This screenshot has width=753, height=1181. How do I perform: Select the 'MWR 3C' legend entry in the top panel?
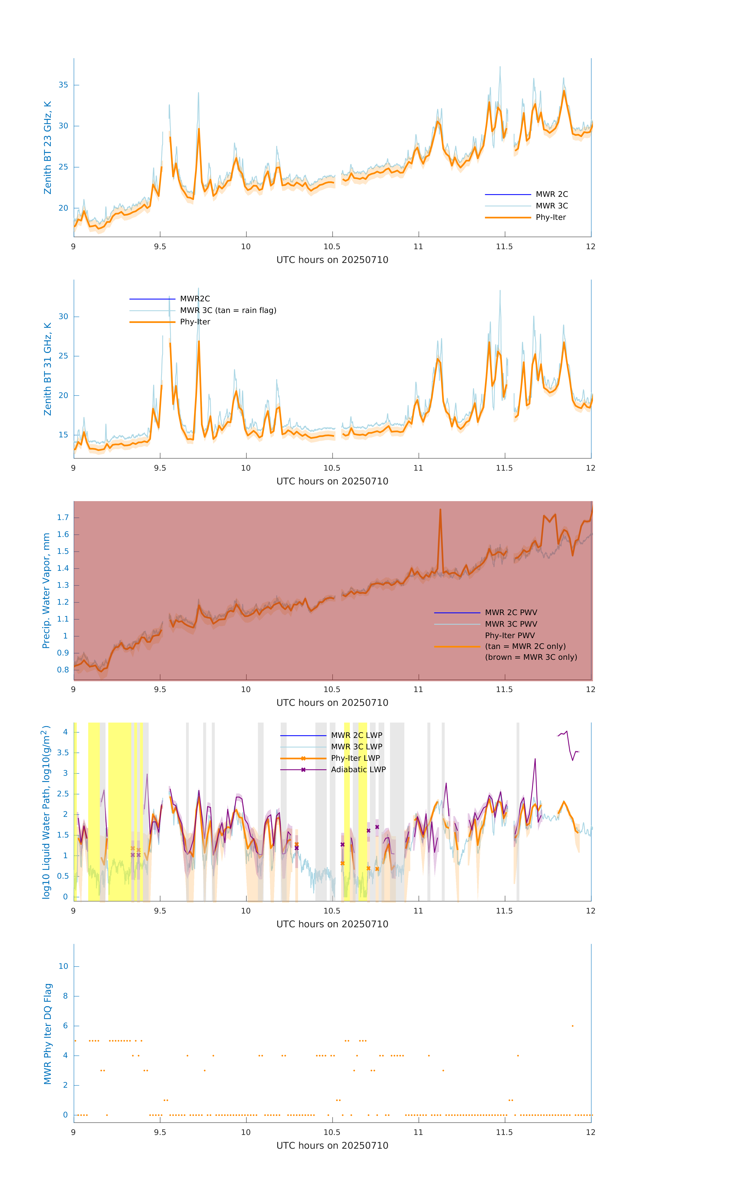(x=551, y=206)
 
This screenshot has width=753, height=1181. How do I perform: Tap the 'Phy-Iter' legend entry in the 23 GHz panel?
(x=550, y=217)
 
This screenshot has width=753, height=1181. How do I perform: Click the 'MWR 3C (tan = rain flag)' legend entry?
(x=228, y=310)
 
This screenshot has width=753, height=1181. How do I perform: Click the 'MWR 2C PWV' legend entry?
(x=511, y=613)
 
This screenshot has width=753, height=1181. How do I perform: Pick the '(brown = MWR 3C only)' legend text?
(x=531, y=657)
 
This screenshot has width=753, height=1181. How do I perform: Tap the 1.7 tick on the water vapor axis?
(x=63, y=517)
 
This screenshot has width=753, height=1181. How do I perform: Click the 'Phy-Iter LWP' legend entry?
(x=355, y=758)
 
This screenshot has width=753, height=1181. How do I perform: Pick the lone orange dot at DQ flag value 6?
(x=572, y=1026)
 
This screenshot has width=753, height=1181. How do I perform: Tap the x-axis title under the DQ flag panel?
(x=332, y=1146)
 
